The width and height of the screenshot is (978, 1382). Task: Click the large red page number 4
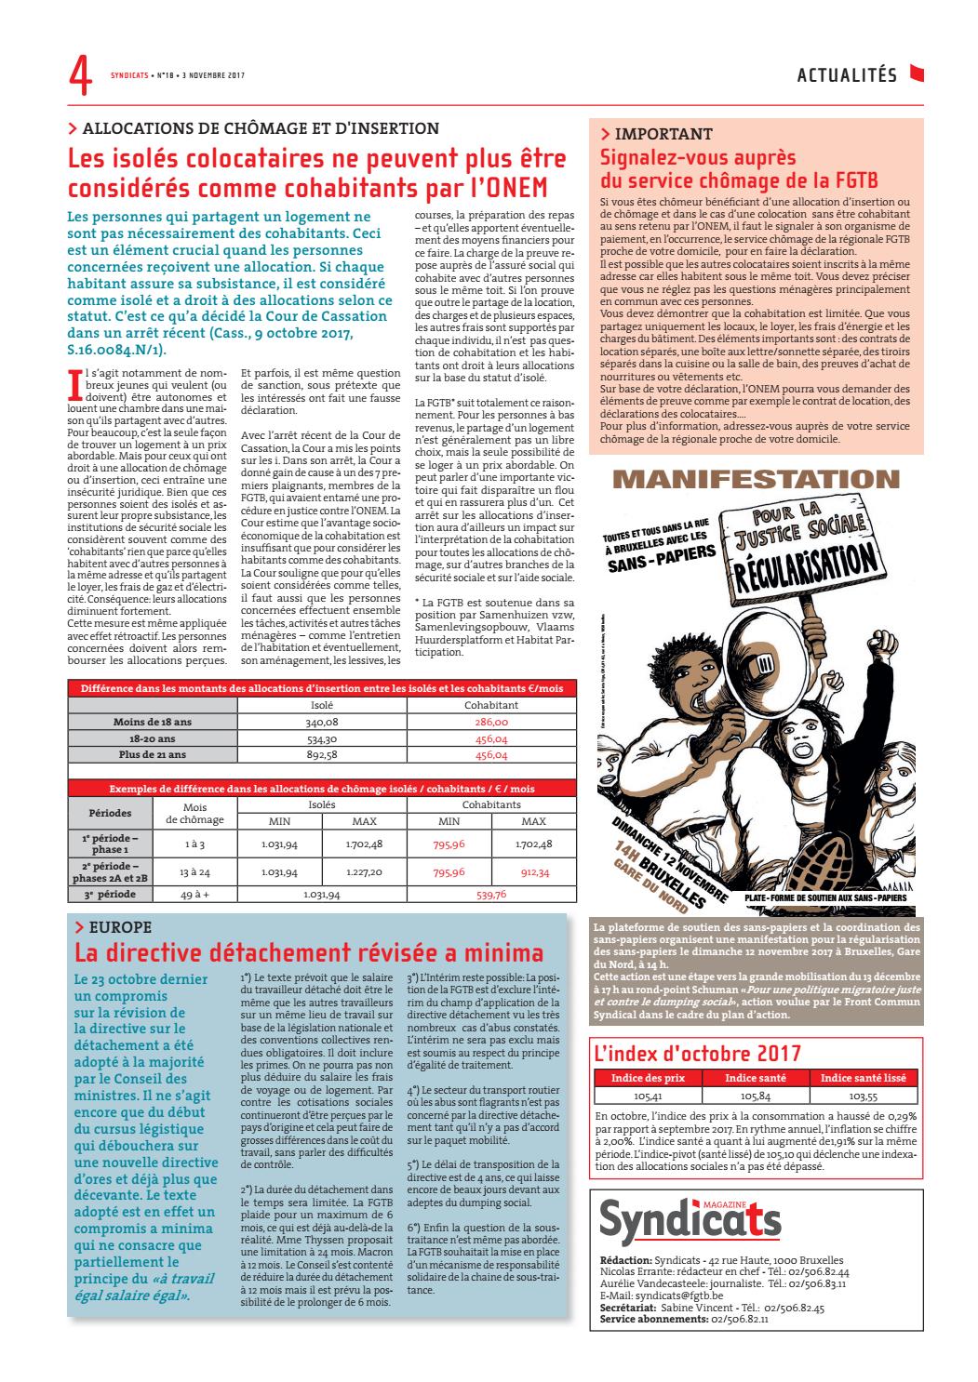tap(80, 75)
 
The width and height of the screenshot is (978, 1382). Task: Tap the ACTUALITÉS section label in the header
tap(847, 75)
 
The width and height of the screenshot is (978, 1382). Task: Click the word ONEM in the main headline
tap(510, 188)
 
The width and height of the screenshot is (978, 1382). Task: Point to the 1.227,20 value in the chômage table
tap(364, 872)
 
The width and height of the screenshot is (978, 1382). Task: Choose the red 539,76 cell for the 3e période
tap(491, 895)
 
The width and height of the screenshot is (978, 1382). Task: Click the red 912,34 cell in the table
tap(533, 872)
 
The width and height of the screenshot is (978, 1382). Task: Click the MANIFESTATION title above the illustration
tap(756, 480)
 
